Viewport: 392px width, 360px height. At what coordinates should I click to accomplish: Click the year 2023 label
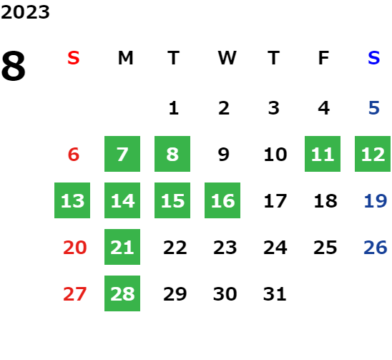point(25,12)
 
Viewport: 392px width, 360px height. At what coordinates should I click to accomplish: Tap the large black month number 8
point(14,66)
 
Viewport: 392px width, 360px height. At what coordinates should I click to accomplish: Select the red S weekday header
point(74,58)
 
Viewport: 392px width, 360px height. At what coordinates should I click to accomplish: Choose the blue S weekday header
point(373,58)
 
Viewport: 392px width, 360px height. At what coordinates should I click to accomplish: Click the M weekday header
point(125,58)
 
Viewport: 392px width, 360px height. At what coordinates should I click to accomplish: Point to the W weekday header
point(227,58)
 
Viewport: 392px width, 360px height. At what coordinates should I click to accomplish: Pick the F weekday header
point(323,58)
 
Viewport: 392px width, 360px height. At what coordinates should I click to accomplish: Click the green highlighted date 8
point(172,154)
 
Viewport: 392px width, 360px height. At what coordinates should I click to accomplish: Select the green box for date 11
point(323,154)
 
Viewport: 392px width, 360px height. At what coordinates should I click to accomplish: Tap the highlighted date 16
point(222,200)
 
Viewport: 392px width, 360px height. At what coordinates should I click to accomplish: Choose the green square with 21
point(122,247)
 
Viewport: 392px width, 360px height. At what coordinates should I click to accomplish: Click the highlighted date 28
point(122,293)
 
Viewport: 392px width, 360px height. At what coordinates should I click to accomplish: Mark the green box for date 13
point(72,200)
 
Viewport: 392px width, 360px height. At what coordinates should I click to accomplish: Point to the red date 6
point(74,154)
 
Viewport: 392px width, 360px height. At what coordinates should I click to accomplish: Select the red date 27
point(74,293)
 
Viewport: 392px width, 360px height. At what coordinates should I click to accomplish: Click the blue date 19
point(376,200)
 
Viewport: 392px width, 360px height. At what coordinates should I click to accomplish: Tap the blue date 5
point(374,108)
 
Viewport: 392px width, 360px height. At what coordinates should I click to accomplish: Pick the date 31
point(275,293)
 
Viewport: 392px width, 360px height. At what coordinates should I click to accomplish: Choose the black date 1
point(174,108)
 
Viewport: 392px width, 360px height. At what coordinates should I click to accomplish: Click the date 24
point(275,247)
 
